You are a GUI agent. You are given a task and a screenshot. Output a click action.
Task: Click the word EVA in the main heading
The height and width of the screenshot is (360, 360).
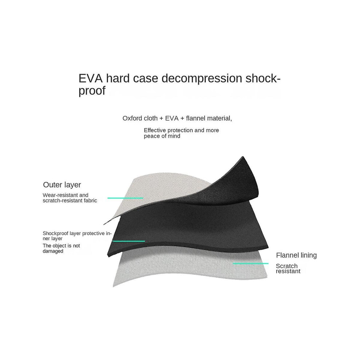pos(91,78)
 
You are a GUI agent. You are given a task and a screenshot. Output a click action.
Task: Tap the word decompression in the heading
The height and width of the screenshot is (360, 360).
pos(202,78)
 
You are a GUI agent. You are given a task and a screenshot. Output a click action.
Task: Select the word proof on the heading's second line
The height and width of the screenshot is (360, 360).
pos(92,91)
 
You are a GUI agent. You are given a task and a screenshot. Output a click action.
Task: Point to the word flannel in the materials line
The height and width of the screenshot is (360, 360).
pos(196,118)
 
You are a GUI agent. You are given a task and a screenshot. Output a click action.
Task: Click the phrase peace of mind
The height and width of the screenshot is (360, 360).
pos(162,136)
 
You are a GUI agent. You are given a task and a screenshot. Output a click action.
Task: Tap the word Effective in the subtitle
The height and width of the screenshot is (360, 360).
pos(155,130)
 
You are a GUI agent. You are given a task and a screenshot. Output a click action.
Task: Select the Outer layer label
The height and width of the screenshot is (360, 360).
pos(62,185)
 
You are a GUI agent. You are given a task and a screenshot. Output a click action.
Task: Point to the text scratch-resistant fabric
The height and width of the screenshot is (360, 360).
pos(70,201)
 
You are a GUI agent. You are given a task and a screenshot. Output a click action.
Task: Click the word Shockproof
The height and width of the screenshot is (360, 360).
pos(56,233)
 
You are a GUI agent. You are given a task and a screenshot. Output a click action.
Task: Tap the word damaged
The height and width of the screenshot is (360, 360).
pos(53,251)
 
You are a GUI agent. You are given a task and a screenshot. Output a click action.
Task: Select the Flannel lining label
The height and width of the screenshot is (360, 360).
pos(296,255)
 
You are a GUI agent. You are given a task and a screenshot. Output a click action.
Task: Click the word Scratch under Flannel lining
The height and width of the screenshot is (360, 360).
pos(287,266)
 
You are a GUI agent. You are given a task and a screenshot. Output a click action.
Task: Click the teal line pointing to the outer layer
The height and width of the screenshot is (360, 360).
pos(125,198)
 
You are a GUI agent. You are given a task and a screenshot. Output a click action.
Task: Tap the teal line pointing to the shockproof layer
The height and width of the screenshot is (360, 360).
pos(129,241)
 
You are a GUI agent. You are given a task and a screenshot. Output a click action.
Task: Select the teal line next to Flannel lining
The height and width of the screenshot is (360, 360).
pos(251,264)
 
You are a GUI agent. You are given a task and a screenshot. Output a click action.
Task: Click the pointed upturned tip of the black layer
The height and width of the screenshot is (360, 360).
pos(243,157)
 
